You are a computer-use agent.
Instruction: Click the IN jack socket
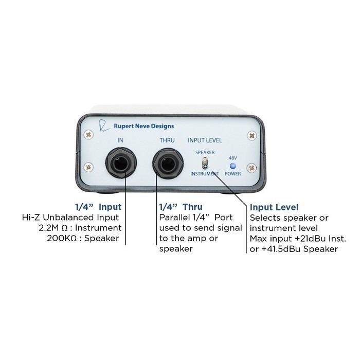pyautogui.click(x=121, y=163)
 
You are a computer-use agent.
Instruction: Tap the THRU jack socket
pyautogui.click(x=168, y=163)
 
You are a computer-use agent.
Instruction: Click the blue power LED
pyautogui.click(x=233, y=166)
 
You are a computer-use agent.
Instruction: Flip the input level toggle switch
pyautogui.click(x=205, y=164)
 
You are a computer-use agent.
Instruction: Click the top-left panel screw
pyautogui.click(x=88, y=135)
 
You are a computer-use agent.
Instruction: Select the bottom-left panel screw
pyautogui.click(x=88, y=167)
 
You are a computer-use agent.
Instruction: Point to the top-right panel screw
pyautogui.click(x=252, y=135)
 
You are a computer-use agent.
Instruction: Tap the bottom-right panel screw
pyautogui.click(x=252, y=168)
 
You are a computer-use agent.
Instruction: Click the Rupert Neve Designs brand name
pyautogui.click(x=143, y=126)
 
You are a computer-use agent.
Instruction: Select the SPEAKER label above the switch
pyautogui.click(x=205, y=152)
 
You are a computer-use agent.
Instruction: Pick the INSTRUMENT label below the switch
pyautogui.click(x=205, y=174)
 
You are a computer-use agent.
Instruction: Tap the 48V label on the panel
pyautogui.click(x=233, y=158)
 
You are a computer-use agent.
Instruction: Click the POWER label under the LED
pyautogui.click(x=233, y=174)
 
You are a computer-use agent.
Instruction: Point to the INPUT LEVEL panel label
pyautogui.click(x=205, y=140)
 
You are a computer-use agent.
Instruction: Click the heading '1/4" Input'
pyautogui.click(x=98, y=207)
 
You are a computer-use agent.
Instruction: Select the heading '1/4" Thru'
pyautogui.click(x=181, y=207)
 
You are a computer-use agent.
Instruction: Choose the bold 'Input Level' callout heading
pyautogui.click(x=274, y=207)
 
